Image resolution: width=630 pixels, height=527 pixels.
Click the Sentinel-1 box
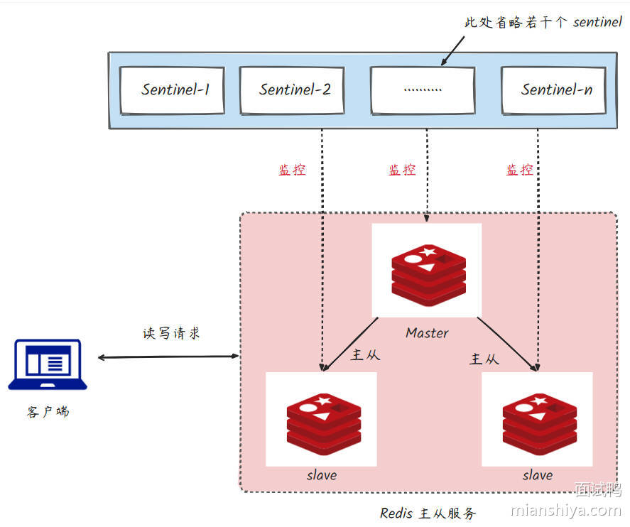click(173, 89)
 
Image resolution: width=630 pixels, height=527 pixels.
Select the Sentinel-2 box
click(292, 89)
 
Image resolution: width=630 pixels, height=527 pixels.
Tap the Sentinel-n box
click(554, 89)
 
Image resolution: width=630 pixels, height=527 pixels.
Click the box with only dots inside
click(423, 89)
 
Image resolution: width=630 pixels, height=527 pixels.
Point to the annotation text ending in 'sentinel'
click(543, 23)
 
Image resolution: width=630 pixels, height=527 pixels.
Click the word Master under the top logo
click(427, 332)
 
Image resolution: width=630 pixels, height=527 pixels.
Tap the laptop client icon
click(48, 364)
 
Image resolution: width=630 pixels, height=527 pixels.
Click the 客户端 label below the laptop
click(48, 412)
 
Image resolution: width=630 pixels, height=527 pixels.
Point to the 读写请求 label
click(172, 333)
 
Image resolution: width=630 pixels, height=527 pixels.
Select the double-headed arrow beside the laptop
click(168, 357)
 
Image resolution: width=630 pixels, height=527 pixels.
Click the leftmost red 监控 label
click(292, 170)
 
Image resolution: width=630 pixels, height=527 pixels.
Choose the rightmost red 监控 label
click(520, 170)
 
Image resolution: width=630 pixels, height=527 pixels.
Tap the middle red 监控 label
click(402, 170)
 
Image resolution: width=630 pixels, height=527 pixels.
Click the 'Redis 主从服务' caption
click(428, 513)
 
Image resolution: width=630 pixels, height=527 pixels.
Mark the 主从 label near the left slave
click(366, 354)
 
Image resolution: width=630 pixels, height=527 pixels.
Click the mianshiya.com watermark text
click(566, 510)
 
